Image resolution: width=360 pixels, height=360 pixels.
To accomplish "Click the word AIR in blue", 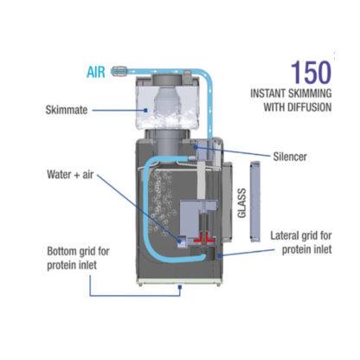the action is point(96,72).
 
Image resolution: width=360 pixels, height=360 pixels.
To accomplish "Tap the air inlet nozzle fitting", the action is point(119,70).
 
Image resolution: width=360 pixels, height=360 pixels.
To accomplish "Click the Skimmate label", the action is point(67,110).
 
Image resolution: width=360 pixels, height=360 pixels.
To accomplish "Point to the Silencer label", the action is point(290,157).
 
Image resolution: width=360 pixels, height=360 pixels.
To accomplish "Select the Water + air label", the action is point(70,175).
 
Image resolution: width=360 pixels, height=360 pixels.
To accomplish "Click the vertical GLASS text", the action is point(241,203).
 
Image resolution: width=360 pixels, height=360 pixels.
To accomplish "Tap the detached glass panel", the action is point(255,202).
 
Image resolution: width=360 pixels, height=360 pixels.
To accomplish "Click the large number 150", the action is point(311,73).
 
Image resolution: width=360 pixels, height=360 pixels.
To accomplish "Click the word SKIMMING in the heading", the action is point(310,93).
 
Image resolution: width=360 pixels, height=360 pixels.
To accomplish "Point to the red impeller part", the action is point(204,238).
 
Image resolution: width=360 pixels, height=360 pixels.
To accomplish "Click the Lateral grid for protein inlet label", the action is point(301,242).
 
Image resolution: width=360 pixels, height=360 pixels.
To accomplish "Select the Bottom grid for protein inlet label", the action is point(78,258).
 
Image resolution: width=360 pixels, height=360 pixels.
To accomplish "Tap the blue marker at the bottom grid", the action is point(180,287).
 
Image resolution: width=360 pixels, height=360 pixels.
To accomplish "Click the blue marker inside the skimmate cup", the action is point(146,110).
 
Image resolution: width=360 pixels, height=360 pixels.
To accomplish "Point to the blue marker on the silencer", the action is point(196,147).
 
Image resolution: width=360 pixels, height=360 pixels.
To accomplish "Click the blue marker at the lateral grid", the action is point(220,255).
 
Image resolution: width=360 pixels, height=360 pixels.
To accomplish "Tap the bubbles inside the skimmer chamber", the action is point(162,202).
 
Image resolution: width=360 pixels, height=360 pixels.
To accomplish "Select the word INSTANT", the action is point(267,93).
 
